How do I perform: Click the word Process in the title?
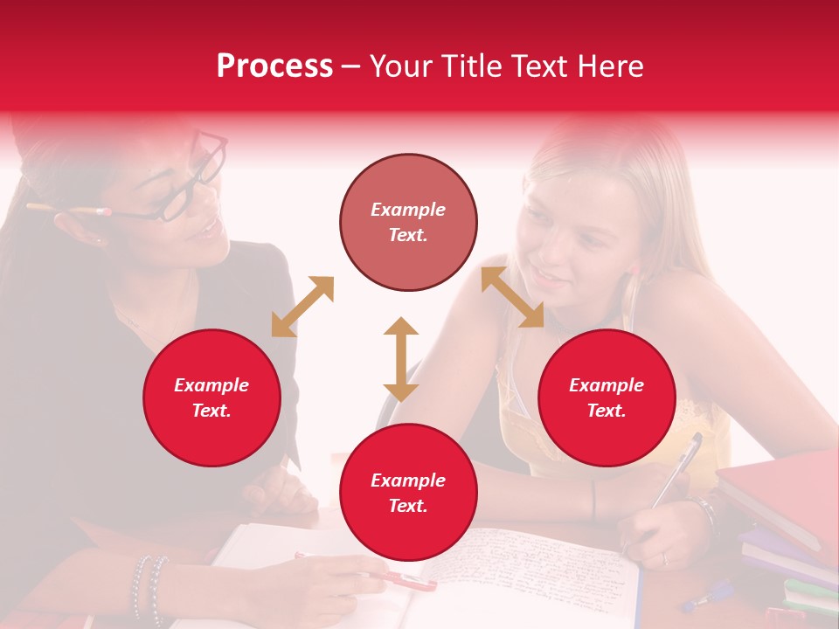[274, 66]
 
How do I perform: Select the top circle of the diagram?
[408, 222]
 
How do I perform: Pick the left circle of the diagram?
[211, 397]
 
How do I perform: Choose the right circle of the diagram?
[607, 397]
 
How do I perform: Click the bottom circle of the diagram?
[408, 493]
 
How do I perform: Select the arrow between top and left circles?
[302, 307]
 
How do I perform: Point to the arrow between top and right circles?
[512, 297]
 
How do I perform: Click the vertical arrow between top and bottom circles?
[401, 359]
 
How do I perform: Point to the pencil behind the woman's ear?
[70, 210]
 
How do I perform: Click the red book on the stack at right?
[778, 489]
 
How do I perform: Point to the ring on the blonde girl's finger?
[664, 557]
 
